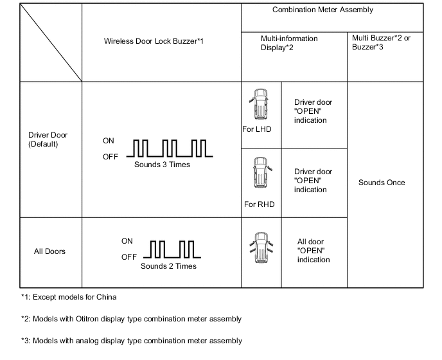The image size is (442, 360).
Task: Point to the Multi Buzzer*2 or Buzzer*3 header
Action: tap(383, 43)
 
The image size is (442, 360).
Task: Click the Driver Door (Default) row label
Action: tap(48, 139)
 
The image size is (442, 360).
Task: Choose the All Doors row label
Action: tap(49, 251)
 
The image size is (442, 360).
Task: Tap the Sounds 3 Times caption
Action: tap(162, 165)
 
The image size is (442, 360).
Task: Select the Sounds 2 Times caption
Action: tap(168, 266)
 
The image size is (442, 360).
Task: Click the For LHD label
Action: tap(257, 129)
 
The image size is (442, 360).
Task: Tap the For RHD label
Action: tap(260, 205)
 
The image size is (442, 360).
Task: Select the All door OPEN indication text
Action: tap(314, 251)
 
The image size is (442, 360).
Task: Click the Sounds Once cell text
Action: tap(382, 183)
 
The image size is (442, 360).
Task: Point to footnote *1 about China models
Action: tap(69, 297)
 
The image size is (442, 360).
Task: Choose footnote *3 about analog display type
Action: tap(131, 341)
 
